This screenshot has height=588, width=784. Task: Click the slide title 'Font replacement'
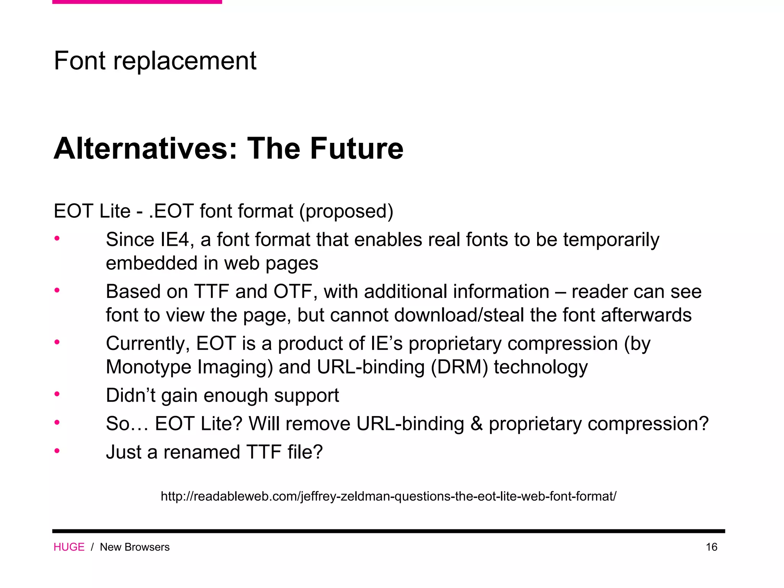point(155,60)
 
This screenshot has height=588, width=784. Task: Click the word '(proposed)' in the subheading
point(346,211)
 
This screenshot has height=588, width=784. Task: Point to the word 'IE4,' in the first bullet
point(175,240)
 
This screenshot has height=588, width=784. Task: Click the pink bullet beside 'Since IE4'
point(57,239)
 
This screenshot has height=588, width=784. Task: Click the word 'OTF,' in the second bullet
point(295,292)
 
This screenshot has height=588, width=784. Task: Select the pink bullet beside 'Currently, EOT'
point(57,342)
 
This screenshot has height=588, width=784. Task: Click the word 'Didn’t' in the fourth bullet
point(131,395)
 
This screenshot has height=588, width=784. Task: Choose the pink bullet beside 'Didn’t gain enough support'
point(57,394)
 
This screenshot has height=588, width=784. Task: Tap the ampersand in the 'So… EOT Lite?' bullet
point(476,424)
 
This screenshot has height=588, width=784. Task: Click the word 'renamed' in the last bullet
point(202,452)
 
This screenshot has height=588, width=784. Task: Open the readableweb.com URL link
point(388,497)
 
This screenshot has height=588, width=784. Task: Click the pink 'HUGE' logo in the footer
point(69,547)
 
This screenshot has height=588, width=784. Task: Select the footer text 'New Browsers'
point(135,547)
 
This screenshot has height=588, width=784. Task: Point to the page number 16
point(711,547)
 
